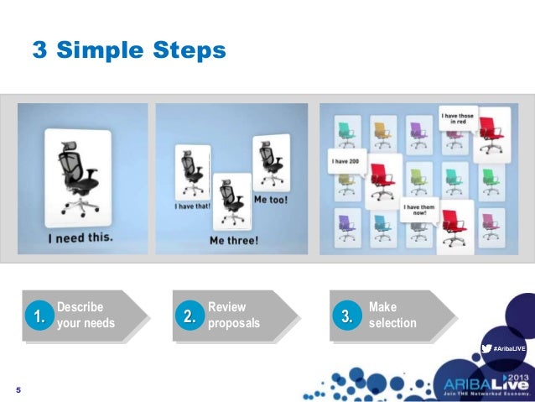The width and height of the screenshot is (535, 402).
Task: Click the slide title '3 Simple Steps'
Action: coord(129,51)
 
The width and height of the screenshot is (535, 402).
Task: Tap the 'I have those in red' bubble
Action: coord(457,117)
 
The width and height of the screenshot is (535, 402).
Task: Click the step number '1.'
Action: coord(36,316)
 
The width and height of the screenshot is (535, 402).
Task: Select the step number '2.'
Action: coord(190,316)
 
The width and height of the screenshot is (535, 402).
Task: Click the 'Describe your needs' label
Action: coord(86,316)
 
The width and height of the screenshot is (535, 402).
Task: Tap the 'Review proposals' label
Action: coord(233,316)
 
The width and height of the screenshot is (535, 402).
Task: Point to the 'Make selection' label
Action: coord(392,316)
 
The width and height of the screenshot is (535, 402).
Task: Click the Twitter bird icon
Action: coord(486,347)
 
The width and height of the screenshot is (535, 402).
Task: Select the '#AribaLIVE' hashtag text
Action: coord(509,347)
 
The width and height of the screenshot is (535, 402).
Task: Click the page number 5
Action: coord(18,390)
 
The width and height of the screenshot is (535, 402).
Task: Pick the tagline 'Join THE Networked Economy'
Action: coord(486,393)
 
